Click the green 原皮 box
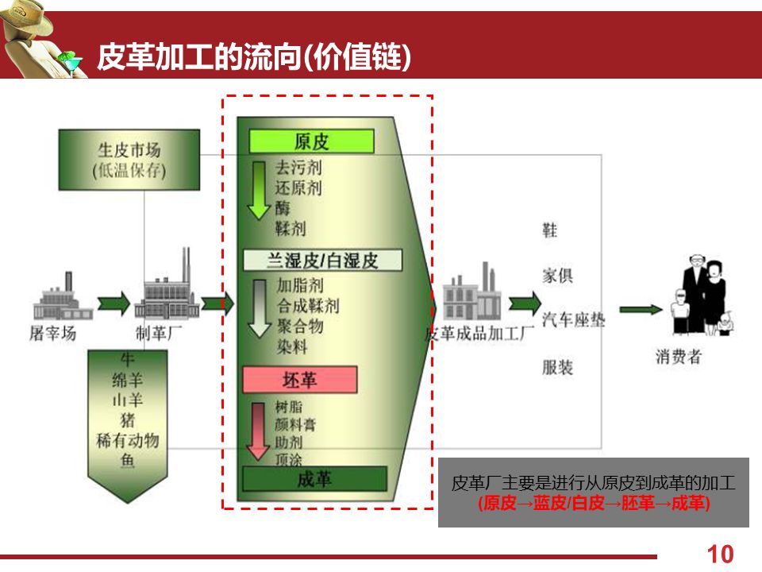pyautogui.click(x=311, y=141)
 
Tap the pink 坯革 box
pyautogui.click(x=300, y=380)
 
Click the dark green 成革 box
pyautogui.click(x=314, y=478)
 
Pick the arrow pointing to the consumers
pyautogui.click(x=640, y=309)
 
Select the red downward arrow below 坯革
pyautogui.click(x=258, y=430)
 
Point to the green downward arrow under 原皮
pyautogui.click(x=259, y=191)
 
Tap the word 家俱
pyautogui.click(x=557, y=276)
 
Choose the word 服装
pyautogui.click(x=557, y=367)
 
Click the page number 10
pyautogui.click(x=720, y=554)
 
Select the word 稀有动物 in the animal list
pyautogui.click(x=128, y=440)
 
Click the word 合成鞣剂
pyautogui.click(x=307, y=305)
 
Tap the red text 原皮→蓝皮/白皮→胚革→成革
pyautogui.click(x=594, y=504)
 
